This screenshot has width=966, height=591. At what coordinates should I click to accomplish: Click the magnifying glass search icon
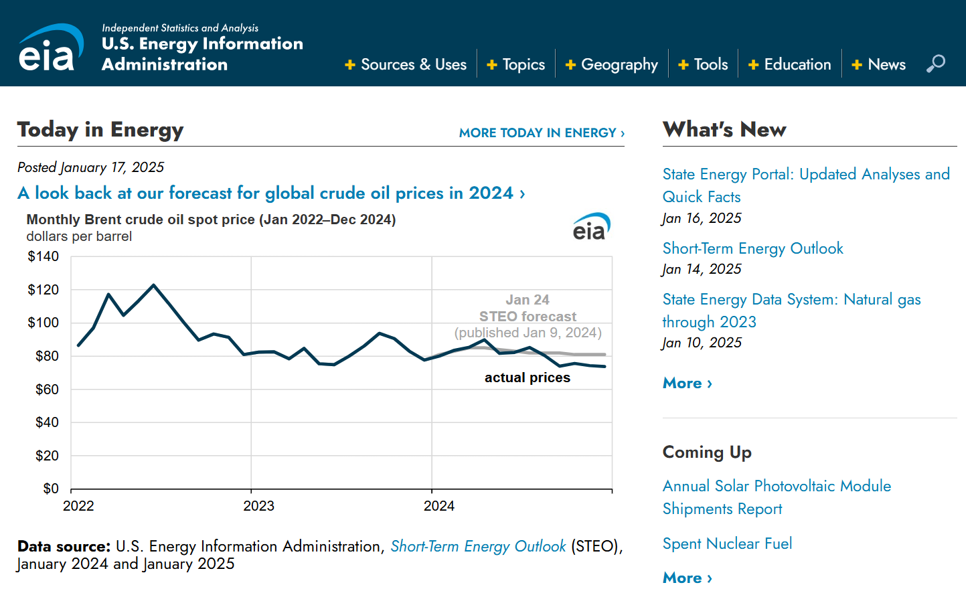pos(935,64)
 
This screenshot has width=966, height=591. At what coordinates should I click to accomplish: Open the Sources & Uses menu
pos(406,64)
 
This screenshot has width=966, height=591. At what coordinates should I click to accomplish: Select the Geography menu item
pos(612,64)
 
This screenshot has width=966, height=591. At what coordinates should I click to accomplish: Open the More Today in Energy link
pos(541,133)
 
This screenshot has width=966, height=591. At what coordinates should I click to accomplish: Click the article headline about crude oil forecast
pos(271,193)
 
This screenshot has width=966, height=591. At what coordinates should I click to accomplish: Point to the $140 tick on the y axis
pos(44,256)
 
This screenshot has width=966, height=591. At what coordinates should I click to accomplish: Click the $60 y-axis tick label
pos(47,389)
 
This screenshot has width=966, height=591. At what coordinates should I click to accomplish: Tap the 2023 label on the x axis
pos(258,506)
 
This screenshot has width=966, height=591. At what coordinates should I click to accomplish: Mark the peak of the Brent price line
pos(154,285)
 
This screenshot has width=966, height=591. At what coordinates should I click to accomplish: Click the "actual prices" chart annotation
pos(528,377)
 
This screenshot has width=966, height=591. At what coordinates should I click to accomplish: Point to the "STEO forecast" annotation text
pos(528,316)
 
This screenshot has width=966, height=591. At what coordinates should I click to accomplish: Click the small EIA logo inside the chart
pos(591,227)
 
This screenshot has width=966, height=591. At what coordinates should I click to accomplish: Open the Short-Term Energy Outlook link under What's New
pos(752,248)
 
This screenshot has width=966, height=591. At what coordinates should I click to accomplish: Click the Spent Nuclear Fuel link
pos(727,543)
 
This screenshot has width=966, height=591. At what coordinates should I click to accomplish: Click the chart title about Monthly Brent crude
pos(211,220)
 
